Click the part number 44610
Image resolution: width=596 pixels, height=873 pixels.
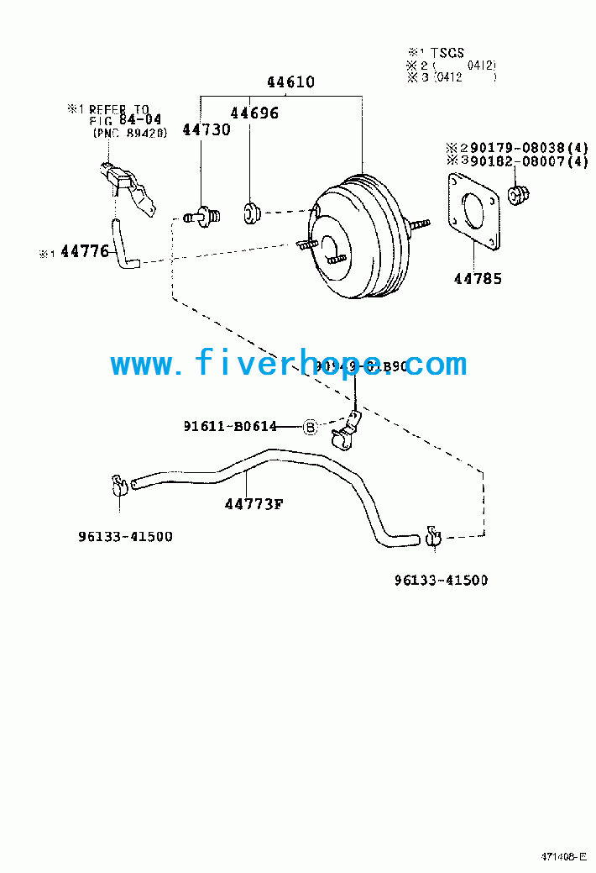290,82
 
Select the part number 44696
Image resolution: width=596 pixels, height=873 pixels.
254,113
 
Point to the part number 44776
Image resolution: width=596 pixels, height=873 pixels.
85,250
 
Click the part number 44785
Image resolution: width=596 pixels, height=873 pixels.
478,279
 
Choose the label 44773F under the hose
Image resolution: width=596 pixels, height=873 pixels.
254,504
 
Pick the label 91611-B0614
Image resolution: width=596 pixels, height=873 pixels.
230,427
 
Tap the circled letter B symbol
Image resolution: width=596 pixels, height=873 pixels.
309,427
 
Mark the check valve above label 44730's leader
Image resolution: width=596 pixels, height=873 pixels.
202,217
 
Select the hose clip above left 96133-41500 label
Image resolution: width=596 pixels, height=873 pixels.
117,485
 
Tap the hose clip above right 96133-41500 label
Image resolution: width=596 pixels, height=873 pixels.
434,534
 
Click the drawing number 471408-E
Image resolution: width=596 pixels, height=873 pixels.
563,858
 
